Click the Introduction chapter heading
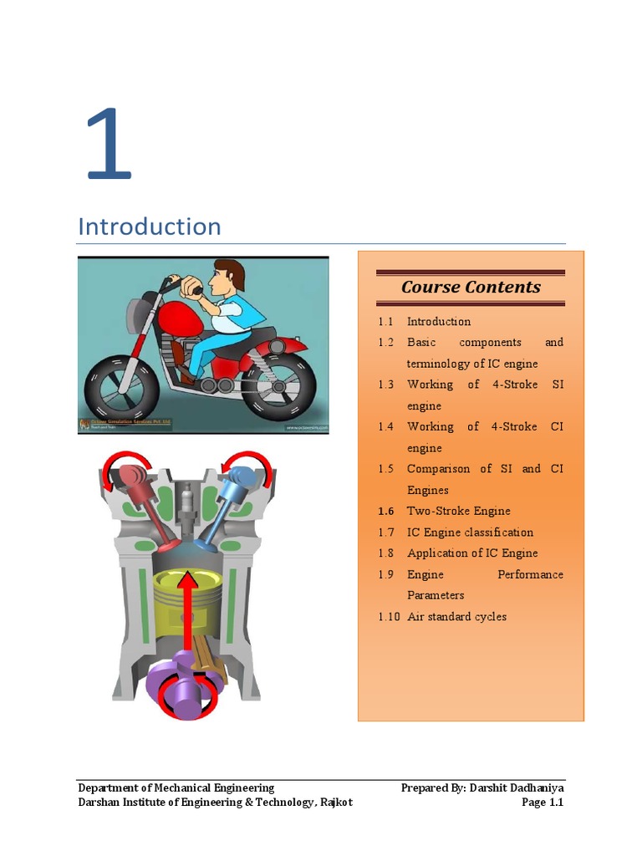(x=149, y=227)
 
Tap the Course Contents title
(x=471, y=287)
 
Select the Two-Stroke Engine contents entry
(x=458, y=511)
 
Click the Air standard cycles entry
(x=456, y=617)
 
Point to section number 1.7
(x=385, y=532)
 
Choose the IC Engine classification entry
(x=470, y=532)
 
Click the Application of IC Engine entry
(x=472, y=553)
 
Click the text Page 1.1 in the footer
(x=543, y=802)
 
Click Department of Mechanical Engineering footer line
(x=176, y=787)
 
